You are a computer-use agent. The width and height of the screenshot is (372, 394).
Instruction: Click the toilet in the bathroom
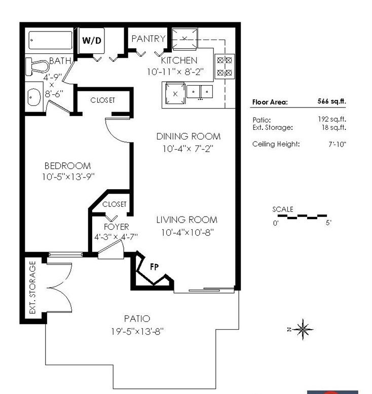(x=37, y=66)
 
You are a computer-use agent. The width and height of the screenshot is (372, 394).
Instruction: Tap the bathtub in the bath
(x=51, y=40)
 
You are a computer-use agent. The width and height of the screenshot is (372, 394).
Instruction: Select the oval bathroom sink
(x=34, y=97)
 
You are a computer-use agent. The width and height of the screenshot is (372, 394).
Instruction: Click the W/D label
(x=92, y=40)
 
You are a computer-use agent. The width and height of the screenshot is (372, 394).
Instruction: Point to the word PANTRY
(x=148, y=39)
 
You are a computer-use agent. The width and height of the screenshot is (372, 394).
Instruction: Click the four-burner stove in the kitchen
(x=225, y=66)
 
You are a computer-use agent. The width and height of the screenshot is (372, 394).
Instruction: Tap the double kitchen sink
(x=200, y=92)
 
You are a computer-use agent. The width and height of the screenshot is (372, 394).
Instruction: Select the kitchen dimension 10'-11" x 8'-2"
(x=175, y=72)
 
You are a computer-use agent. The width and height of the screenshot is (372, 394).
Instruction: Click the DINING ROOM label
(x=189, y=136)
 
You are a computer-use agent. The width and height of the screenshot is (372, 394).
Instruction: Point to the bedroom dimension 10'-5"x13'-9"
(x=68, y=177)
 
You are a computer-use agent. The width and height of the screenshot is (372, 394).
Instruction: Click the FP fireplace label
(x=154, y=267)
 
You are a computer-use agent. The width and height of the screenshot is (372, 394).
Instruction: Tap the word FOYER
(x=116, y=227)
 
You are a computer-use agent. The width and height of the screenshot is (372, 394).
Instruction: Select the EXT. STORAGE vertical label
(x=32, y=288)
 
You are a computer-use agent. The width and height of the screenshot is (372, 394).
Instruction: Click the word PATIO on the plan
(x=137, y=319)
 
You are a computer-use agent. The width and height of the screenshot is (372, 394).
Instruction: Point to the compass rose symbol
(x=303, y=329)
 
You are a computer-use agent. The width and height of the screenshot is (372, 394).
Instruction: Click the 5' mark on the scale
(x=328, y=223)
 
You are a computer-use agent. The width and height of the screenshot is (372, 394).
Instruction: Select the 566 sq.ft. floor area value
(x=332, y=101)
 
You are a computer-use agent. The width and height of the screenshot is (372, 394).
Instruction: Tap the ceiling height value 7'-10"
(x=338, y=144)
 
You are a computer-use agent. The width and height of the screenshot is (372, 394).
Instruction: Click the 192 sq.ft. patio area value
(x=332, y=119)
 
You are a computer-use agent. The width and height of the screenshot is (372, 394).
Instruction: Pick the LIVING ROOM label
(x=187, y=220)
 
